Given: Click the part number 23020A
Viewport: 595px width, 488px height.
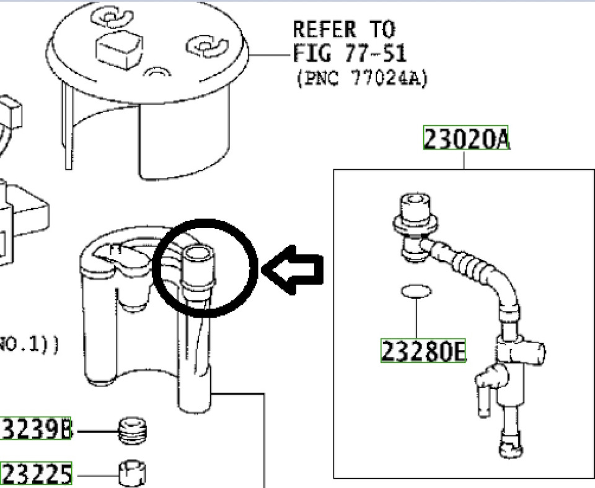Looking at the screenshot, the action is click(466, 138).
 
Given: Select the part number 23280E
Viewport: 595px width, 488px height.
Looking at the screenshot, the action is click(423, 351).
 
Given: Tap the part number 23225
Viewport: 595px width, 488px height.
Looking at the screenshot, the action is click(36, 475).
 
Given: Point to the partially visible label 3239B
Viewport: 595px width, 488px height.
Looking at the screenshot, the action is click(36, 429).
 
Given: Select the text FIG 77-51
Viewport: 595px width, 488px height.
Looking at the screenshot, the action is click(350, 54).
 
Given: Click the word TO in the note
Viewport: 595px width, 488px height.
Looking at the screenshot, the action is click(380, 30).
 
